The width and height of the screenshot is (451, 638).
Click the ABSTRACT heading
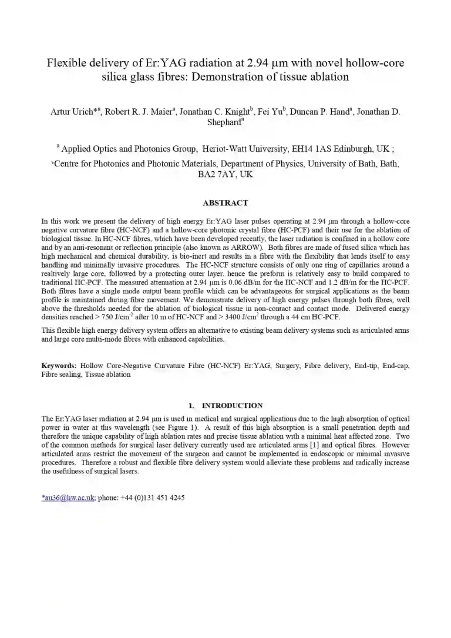[225, 203]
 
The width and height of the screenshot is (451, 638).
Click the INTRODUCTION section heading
[232, 406]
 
